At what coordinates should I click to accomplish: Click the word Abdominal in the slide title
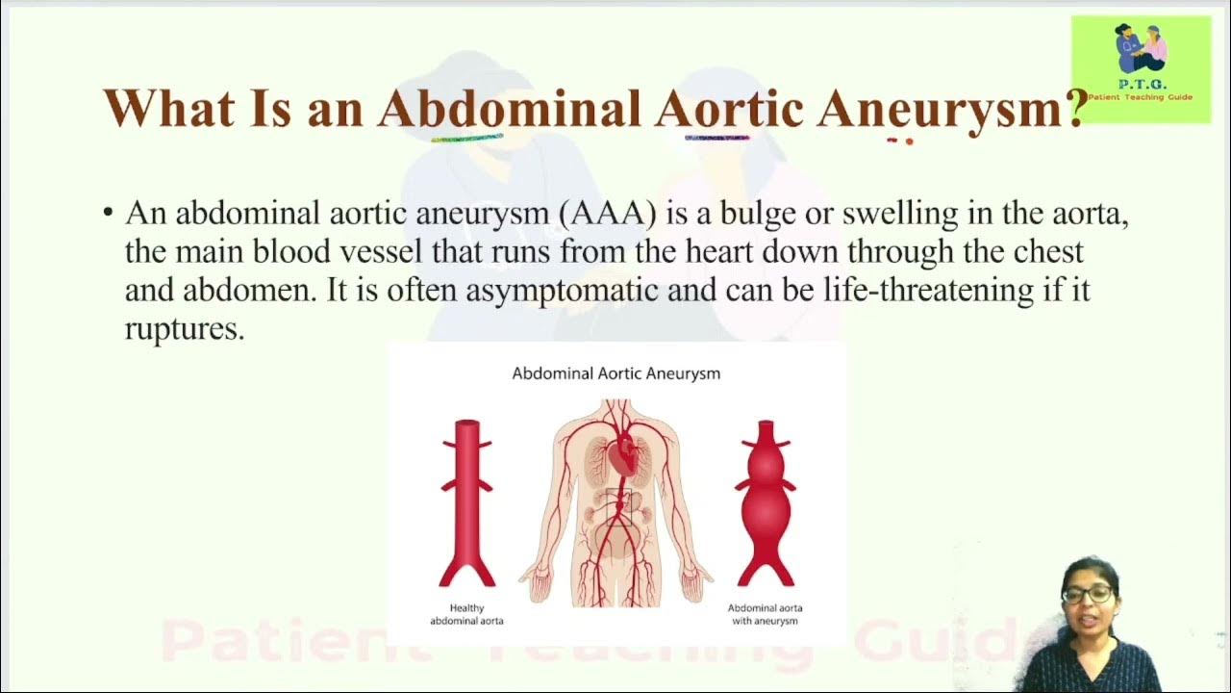coord(509,108)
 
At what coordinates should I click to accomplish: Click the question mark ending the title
coord(1076,108)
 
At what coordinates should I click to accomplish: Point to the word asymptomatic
coord(562,291)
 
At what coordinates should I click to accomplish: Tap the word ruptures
coord(185,329)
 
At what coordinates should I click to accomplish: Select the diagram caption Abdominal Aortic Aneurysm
coord(615,373)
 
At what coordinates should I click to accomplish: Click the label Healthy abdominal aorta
coord(466,614)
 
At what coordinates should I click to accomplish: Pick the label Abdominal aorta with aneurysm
coord(765,614)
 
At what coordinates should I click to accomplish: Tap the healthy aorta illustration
coord(467,500)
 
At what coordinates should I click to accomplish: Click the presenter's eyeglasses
coord(1088,594)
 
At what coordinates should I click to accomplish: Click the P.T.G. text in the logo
coord(1142,85)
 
